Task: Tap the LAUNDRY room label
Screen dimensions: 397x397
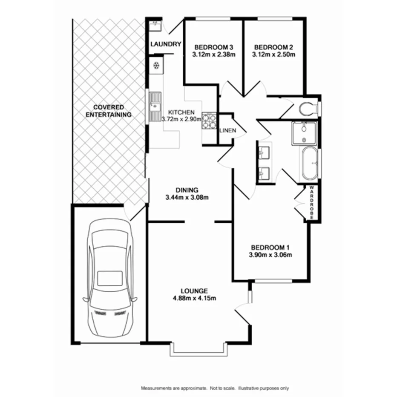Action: point(166,44)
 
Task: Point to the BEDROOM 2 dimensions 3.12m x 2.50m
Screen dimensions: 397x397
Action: point(273,55)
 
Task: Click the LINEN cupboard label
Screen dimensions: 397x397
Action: point(227,130)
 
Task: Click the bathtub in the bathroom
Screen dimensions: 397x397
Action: point(309,164)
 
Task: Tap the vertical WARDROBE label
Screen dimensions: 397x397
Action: point(312,203)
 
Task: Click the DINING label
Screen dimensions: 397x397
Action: point(187,190)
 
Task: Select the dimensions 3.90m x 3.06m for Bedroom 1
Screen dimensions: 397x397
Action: point(270,255)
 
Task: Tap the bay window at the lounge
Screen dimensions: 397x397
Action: point(197,350)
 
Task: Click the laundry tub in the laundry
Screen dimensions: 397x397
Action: point(155,26)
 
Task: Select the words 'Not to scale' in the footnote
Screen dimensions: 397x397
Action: point(223,388)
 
